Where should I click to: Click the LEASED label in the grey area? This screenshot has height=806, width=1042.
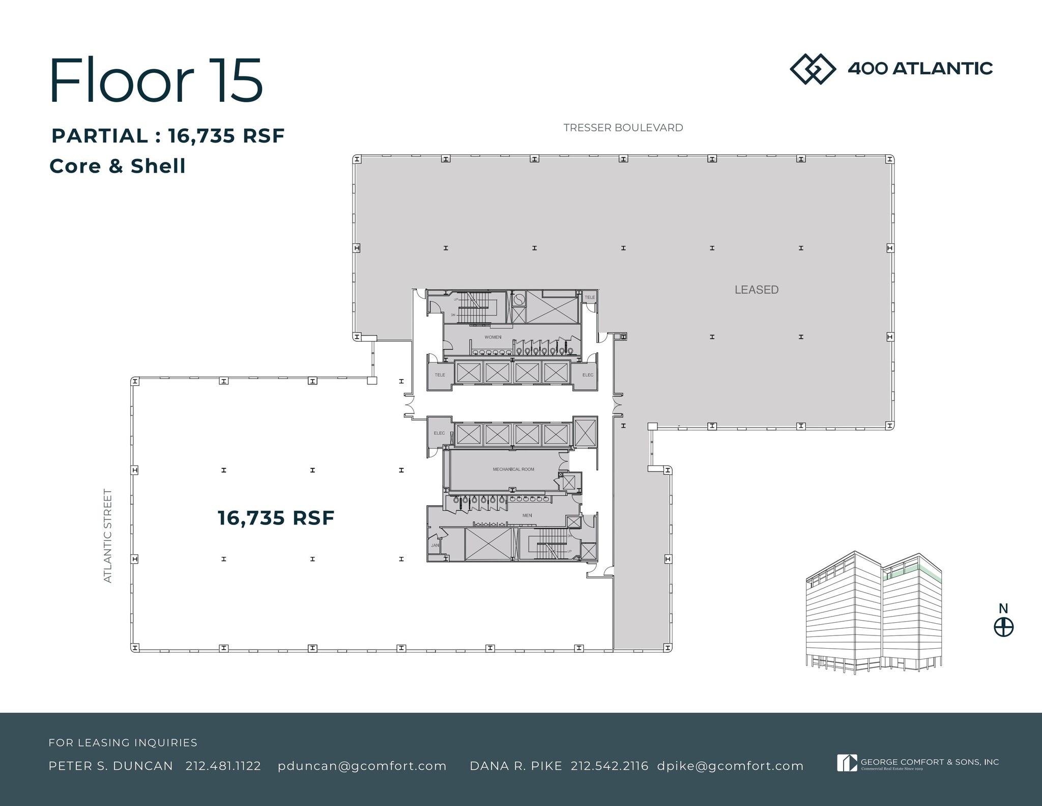click(756, 290)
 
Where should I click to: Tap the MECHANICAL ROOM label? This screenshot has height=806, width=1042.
click(513, 469)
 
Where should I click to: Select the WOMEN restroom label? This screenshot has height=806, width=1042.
click(493, 337)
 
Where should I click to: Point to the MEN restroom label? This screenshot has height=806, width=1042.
click(527, 515)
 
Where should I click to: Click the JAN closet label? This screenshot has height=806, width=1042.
click(435, 545)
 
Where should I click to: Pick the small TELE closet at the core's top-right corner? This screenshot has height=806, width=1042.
click(589, 297)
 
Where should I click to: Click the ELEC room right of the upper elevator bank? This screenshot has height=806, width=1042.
click(588, 375)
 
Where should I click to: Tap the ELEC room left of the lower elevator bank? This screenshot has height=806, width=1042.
click(439, 433)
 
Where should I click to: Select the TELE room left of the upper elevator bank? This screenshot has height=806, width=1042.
click(440, 375)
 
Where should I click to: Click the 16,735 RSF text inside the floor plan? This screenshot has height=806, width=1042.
click(276, 518)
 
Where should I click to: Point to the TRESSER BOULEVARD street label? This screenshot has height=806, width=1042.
click(623, 128)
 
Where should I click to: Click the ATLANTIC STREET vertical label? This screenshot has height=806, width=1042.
click(108, 536)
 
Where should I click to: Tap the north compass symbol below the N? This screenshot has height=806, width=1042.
click(1003, 627)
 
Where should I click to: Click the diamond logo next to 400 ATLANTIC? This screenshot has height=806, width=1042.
click(813, 69)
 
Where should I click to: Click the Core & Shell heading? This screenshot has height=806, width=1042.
click(118, 166)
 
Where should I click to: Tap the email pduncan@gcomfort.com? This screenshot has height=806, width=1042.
click(362, 766)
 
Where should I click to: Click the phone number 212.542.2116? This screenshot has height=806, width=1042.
click(609, 766)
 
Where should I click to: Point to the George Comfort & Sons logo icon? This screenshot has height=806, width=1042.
click(847, 763)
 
